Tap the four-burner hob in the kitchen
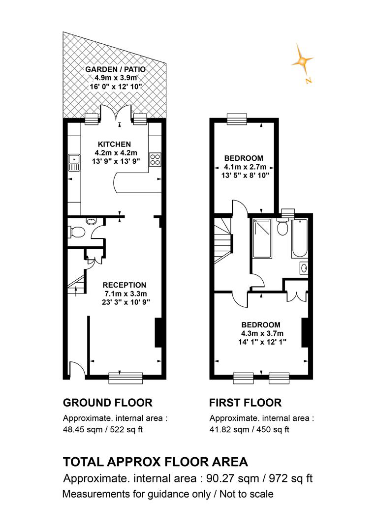pyautogui.click(x=155, y=159)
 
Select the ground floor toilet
pyautogui.click(x=77, y=232)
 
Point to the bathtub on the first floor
pyautogui.click(x=300, y=238)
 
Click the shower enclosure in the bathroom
pyautogui.click(x=262, y=238)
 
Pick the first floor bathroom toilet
pyautogui.click(x=282, y=227)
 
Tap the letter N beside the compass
pyautogui.click(x=308, y=81)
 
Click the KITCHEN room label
pyautogui.click(x=114, y=144)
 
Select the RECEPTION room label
pyautogui.click(x=125, y=285)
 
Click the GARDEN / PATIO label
pyautogui.click(x=115, y=69)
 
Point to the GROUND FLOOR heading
pyautogui.click(x=108, y=403)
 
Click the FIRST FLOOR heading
pyautogui.click(x=246, y=403)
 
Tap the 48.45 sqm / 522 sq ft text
pyautogui.click(x=103, y=430)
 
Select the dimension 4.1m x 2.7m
pyautogui.click(x=245, y=167)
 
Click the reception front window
pyautogui.click(x=126, y=378)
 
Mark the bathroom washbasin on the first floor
pyautogui.click(x=304, y=268)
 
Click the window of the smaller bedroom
pyautogui.click(x=237, y=119)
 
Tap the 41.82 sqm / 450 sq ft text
pyautogui.click(x=250, y=430)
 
